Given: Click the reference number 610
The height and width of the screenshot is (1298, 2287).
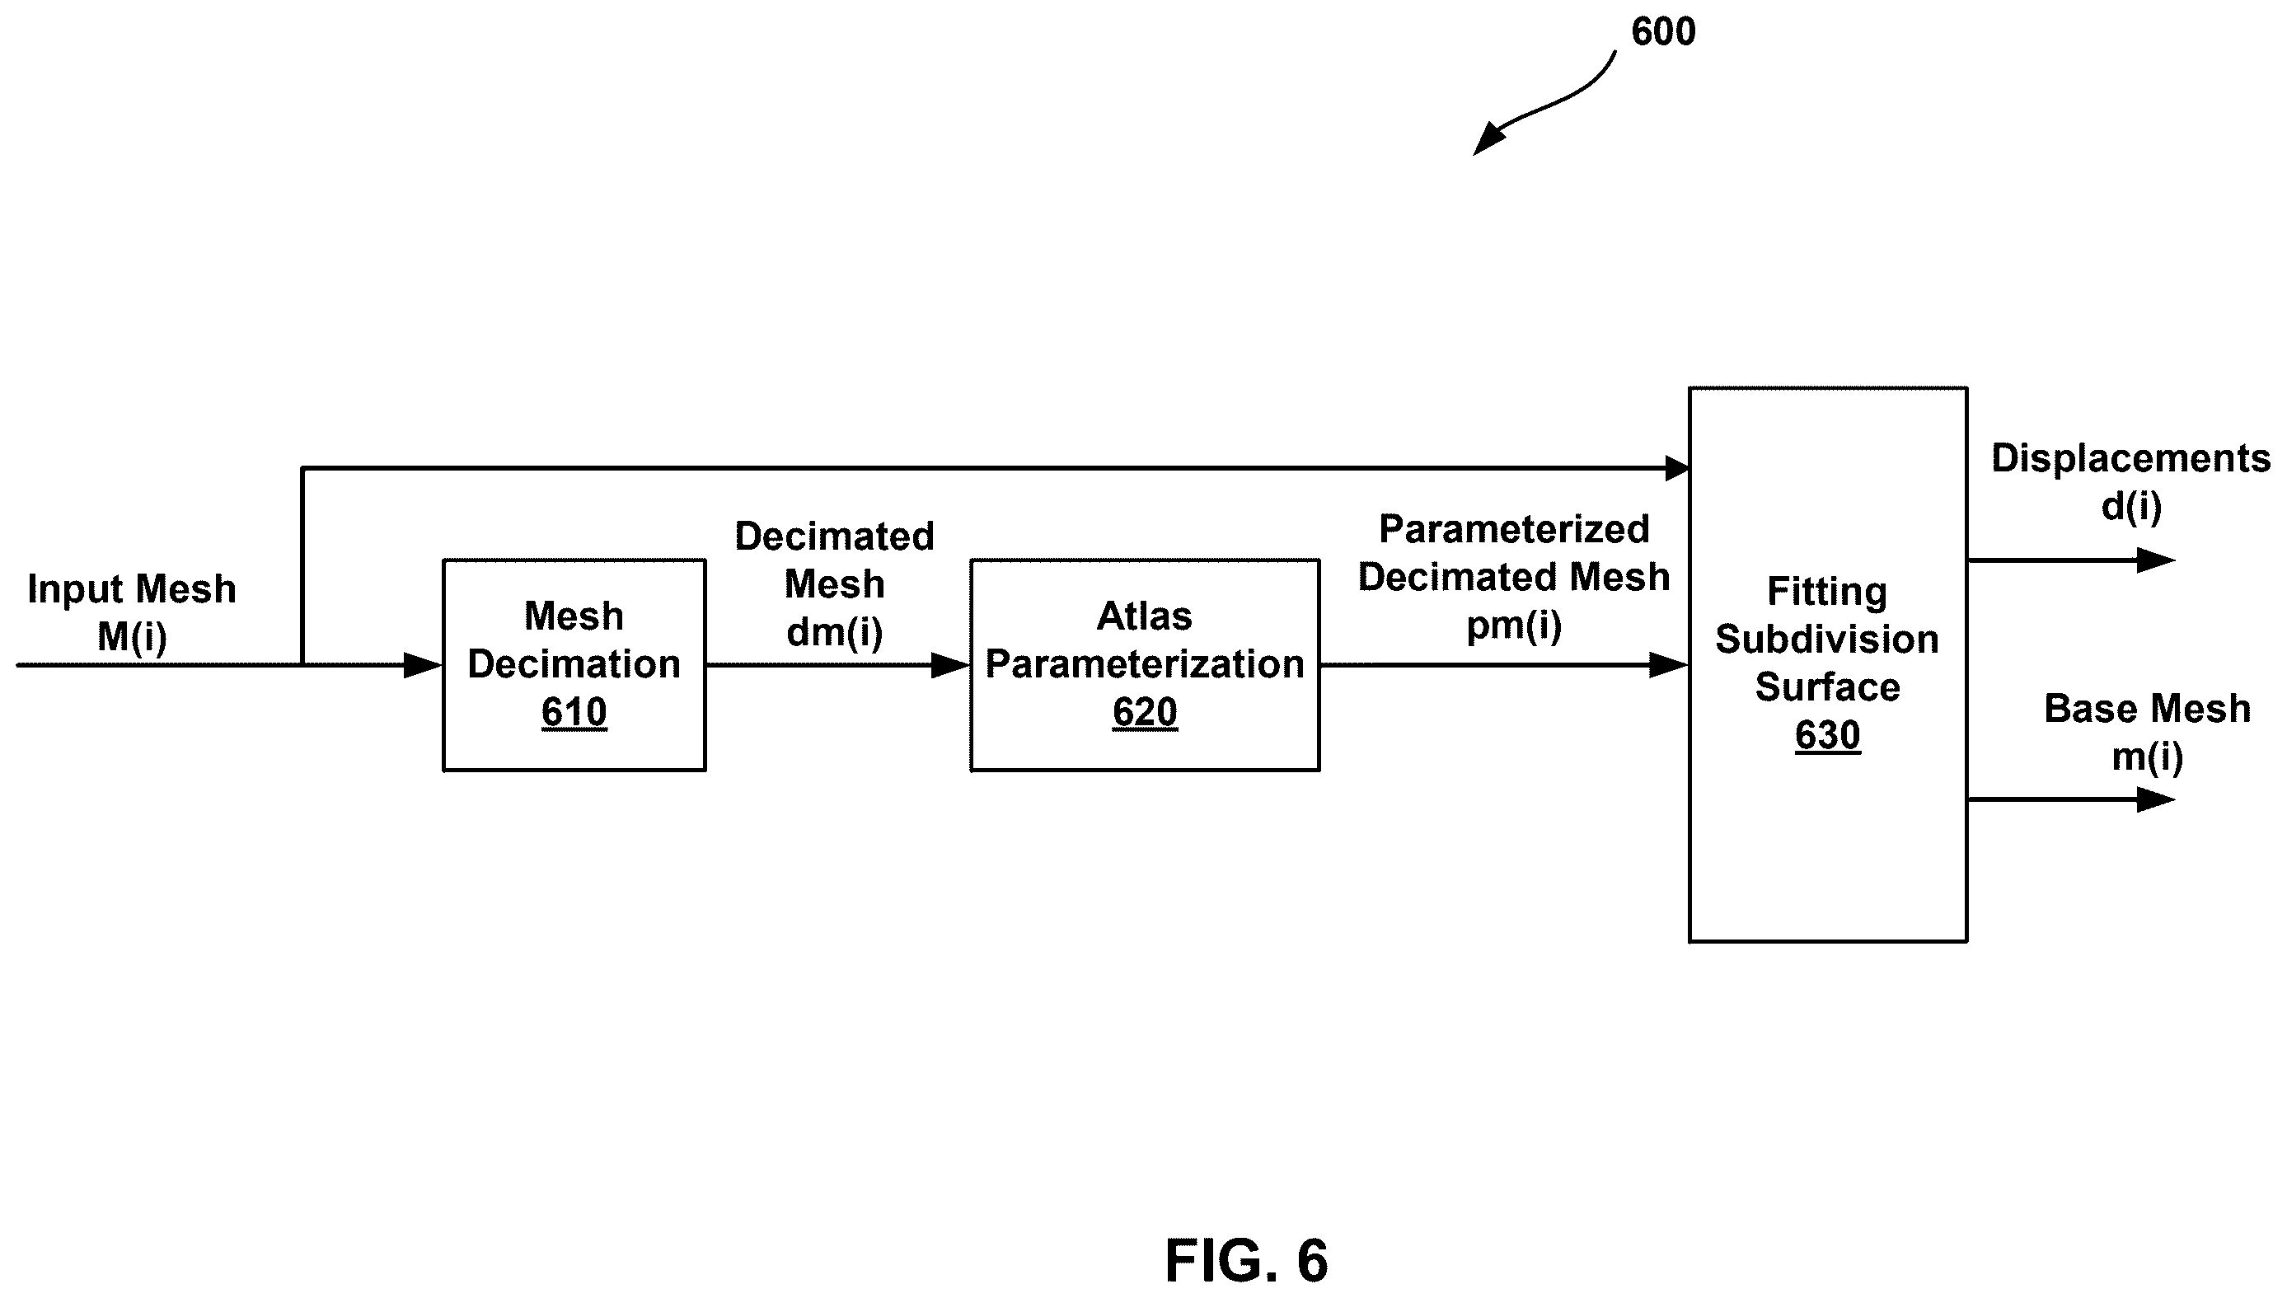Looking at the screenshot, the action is (574, 712).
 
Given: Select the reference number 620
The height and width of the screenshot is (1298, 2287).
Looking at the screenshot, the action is (1145, 712).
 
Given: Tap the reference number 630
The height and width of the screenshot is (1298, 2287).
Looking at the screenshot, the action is (1827, 735).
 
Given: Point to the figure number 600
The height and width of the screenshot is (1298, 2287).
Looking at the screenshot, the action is (1663, 32).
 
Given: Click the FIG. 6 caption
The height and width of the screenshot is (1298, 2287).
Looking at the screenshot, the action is (1246, 1261).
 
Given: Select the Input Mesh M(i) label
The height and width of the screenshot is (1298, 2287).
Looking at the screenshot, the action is (132, 613).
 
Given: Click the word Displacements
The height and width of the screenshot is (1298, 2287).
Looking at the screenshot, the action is (2130, 458).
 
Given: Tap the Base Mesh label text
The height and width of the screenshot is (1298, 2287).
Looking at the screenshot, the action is (2147, 709).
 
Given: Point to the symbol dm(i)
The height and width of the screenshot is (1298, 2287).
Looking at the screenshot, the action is (834, 633).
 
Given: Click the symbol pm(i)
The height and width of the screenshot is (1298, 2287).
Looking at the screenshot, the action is (1513, 626).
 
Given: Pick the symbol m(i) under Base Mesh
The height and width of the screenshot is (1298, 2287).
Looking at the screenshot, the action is (2147, 757).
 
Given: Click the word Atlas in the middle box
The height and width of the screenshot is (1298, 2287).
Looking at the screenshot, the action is (1145, 616).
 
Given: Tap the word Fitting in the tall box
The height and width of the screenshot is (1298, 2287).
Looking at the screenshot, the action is (1827, 592).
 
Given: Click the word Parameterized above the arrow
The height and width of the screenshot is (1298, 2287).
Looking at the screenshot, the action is (1513, 530).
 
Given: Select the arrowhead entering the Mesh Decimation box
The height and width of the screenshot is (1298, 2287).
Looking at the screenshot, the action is (424, 665).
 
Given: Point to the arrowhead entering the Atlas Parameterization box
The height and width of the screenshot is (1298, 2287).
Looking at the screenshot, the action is (951, 665).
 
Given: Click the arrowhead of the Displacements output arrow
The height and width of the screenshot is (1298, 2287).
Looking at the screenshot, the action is (2156, 560).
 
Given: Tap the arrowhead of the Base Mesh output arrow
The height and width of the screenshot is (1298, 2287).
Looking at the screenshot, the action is (2156, 799).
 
